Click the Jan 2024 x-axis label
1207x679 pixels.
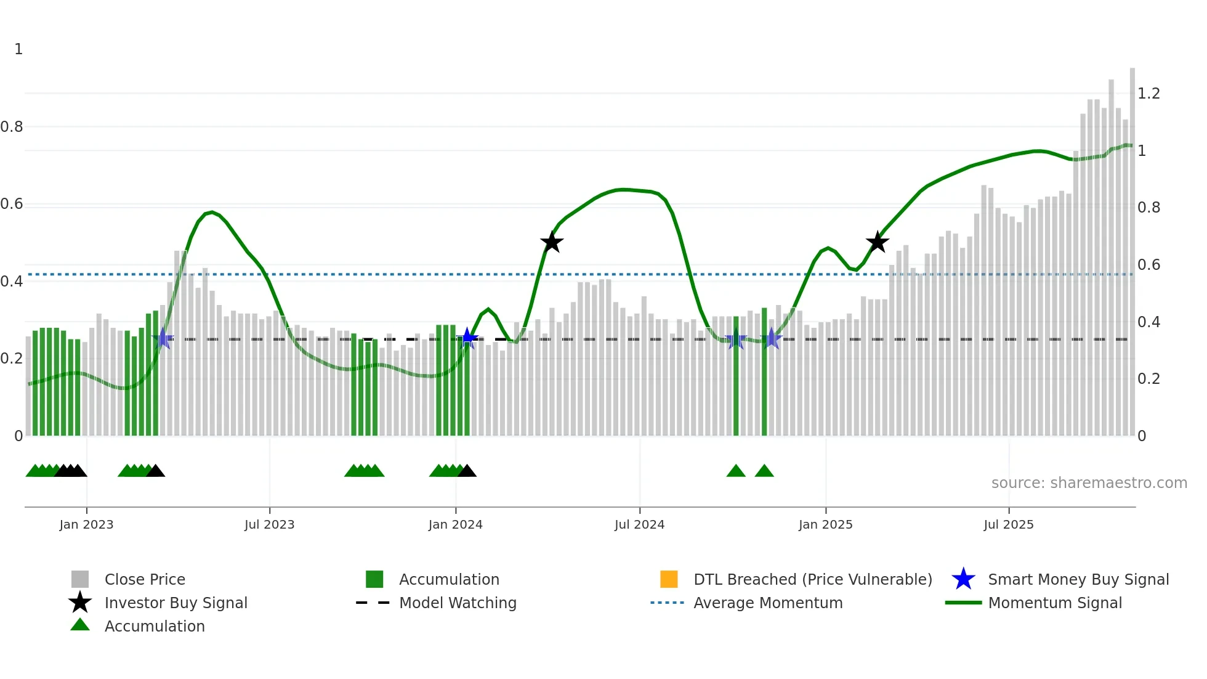pos(455,525)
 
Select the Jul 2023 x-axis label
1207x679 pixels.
pos(269,525)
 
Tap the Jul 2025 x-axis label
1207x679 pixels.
pos(1008,525)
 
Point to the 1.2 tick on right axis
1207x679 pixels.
pos(1148,94)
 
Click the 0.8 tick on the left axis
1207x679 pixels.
pos(12,127)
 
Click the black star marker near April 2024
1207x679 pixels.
pos(552,242)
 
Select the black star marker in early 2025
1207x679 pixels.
pos(877,242)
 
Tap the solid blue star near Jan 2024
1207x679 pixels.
pos(467,338)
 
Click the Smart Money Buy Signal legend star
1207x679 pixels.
pos(963,579)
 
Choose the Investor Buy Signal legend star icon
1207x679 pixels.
pos(80,603)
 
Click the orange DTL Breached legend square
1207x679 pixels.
pos(669,579)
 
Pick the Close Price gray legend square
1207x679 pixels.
pos(80,579)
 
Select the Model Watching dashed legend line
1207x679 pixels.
pos(373,603)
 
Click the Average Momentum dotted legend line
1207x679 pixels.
pos(667,603)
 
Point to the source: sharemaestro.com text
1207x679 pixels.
pos(1089,483)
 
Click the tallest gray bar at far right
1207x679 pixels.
pos(1132,246)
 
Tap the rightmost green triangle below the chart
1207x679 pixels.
pos(764,471)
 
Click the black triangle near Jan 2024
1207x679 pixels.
pos(467,471)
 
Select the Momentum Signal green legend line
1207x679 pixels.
pos(963,603)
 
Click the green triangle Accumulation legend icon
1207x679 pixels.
pos(80,625)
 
